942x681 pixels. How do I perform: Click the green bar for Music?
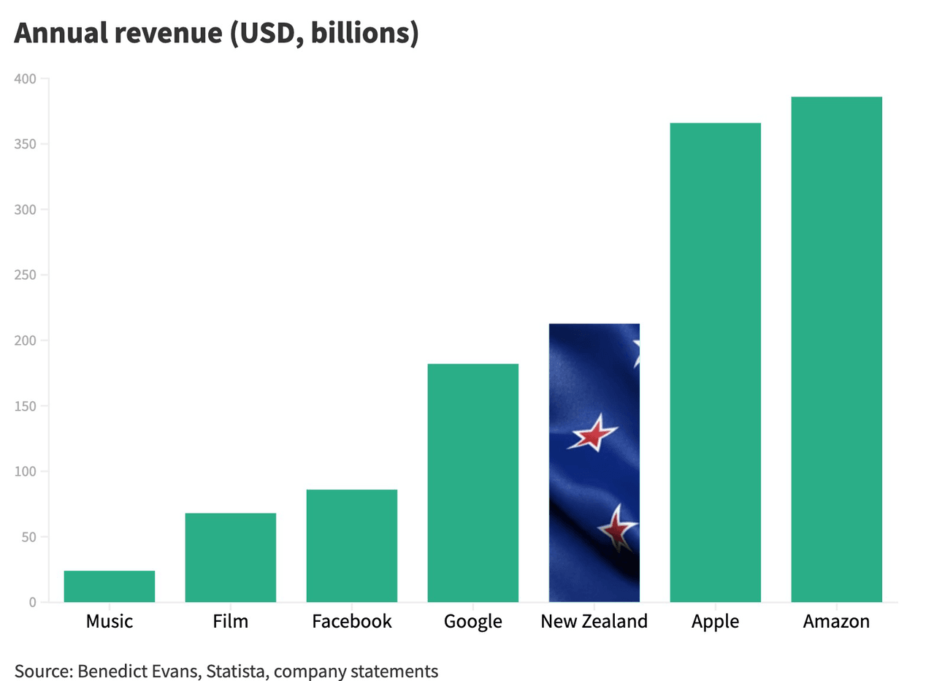pyautogui.click(x=110, y=586)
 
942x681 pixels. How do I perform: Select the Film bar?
pyautogui.click(x=231, y=558)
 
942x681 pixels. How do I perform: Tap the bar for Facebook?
pyautogui.click(x=352, y=546)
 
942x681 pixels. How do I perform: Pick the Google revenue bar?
pyautogui.click(x=473, y=483)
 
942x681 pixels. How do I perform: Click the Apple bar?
pyautogui.click(x=716, y=362)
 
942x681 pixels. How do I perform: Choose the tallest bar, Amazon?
pyautogui.click(x=837, y=349)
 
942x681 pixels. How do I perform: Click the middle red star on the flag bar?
pyautogui.click(x=594, y=434)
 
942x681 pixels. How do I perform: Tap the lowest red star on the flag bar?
pyautogui.click(x=618, y=527)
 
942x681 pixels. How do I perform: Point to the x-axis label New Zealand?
pyautogui.click(x=594, y=622)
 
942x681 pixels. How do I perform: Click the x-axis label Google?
pyautogui.click(x=473, y=622)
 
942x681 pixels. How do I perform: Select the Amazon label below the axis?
pyautogui.click(x=837, y=622)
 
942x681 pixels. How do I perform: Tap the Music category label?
pyautogui.click(x=110, y=622)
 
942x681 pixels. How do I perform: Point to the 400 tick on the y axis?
pyautogui.click(x=26, y=79)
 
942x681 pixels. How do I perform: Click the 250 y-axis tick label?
pyautogui.click(x=26, y=275)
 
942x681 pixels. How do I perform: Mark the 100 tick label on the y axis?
pyautogui.click(x=26, y=472)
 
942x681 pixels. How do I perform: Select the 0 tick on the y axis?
pyautogui.click(x=32, y=603)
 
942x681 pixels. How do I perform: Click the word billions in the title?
pyautogui.click(x=364, y=34)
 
